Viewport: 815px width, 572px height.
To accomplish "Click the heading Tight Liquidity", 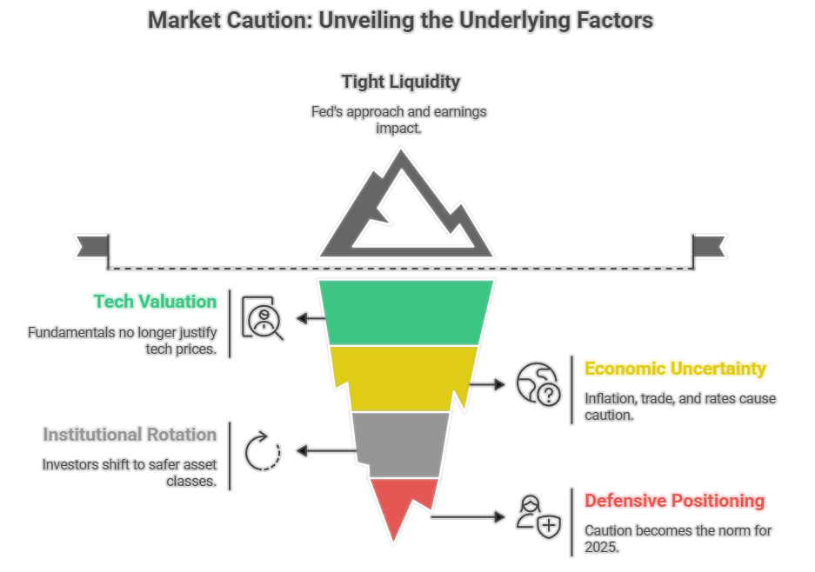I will [400, 82].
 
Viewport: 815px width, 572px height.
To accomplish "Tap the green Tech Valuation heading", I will [155, 302].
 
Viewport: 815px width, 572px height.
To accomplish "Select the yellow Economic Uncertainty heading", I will [675, 369].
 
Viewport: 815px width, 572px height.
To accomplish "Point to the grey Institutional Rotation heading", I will [130, 434].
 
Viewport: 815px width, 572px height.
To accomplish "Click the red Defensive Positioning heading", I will [674, 501].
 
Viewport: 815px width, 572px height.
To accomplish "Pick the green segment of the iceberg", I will [405, 312].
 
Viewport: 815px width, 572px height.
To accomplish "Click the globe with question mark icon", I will [538, 384].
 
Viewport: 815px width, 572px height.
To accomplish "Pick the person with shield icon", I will [538, 517].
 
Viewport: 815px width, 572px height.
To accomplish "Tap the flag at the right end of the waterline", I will [708, 247].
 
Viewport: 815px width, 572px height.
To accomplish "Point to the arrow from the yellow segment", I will [487, 383].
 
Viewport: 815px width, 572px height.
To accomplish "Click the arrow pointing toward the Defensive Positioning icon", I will [470, 517].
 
